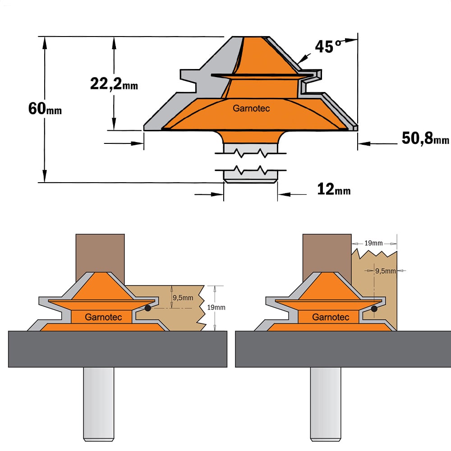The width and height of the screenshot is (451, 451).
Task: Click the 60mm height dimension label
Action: (x=45, y=108)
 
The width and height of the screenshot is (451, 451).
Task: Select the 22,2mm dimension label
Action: (x=114, y=84)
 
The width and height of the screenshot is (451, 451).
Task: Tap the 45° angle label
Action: (x=328, y=46)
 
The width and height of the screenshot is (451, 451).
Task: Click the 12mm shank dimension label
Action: (x=334, y=189)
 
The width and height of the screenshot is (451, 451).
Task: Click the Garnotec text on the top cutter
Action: (x=251, y=108)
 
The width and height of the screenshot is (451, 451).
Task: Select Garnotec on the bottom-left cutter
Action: (x=103, y=317)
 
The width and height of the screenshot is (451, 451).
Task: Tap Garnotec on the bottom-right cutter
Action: (x=331, y=317)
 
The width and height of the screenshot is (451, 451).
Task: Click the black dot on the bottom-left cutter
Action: (x=147, y=308)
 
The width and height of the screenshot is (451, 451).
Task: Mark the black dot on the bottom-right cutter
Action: (x=374, y=308)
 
